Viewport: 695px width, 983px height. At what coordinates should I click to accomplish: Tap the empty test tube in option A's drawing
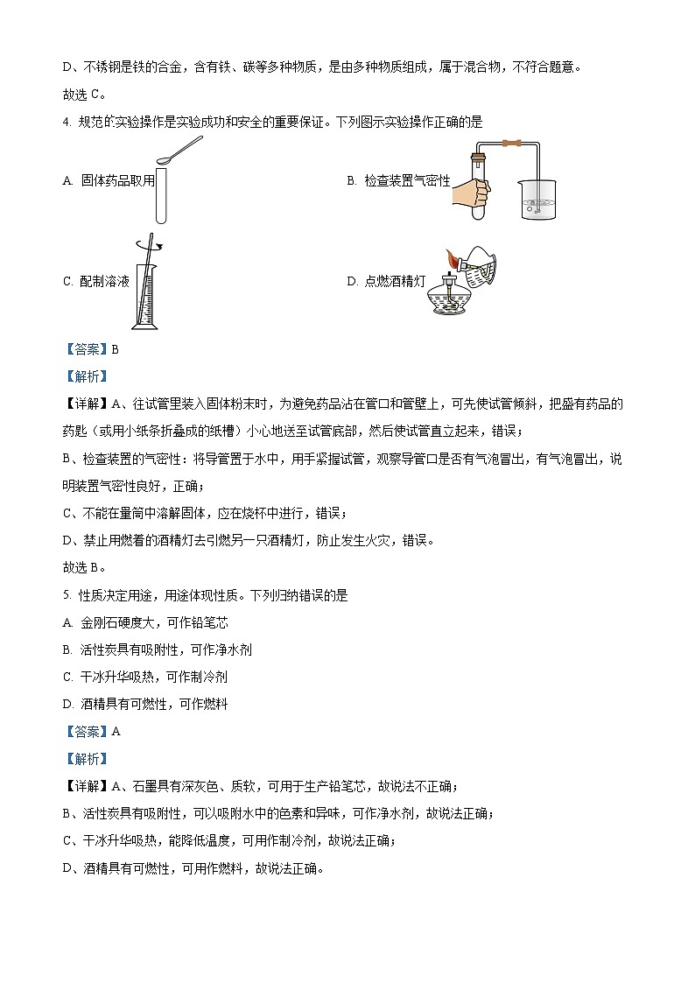pos(161,196)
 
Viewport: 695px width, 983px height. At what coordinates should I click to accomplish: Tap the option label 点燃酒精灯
pos(386,281)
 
